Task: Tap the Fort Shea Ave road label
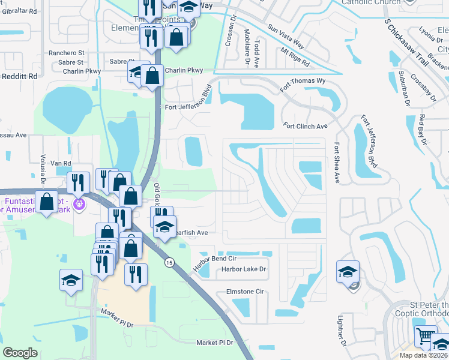click(x=337, y=163)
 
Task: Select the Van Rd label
click(x=61, y=163)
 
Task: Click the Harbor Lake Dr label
click(x=243, y=269)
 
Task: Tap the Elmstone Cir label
click(x=245, y=292)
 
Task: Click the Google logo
click(x=20, y=353)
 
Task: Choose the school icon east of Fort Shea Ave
click(x=348, y=272)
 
